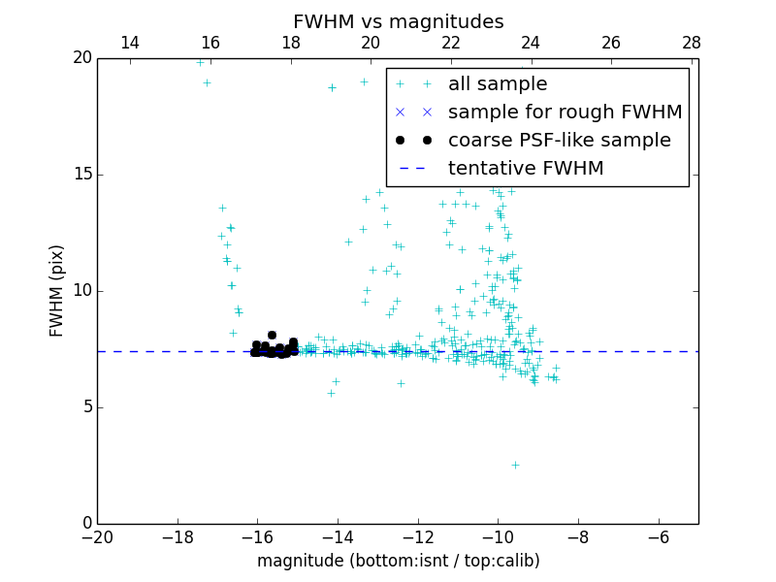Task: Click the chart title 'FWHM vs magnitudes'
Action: click(398, 21)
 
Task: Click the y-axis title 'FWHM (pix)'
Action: click(57, 290)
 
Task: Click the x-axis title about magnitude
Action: click(398, 561)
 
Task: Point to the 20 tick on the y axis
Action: click(81, 58)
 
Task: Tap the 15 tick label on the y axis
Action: click(81, 175)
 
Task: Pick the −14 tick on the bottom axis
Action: click(338, 536)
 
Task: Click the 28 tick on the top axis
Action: click(692, 44)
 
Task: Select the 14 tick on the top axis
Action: click(130, 44)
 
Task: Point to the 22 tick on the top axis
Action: click(451, 44)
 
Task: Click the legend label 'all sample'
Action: click(498, 84)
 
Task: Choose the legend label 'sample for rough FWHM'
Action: click(565, 113)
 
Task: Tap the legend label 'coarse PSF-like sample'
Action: click(559, 141)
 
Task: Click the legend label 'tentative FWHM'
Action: click(526, 169)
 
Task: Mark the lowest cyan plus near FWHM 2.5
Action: click(515, 465)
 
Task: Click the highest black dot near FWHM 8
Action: click(272, 335)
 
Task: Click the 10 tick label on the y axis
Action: click(81, 291)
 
